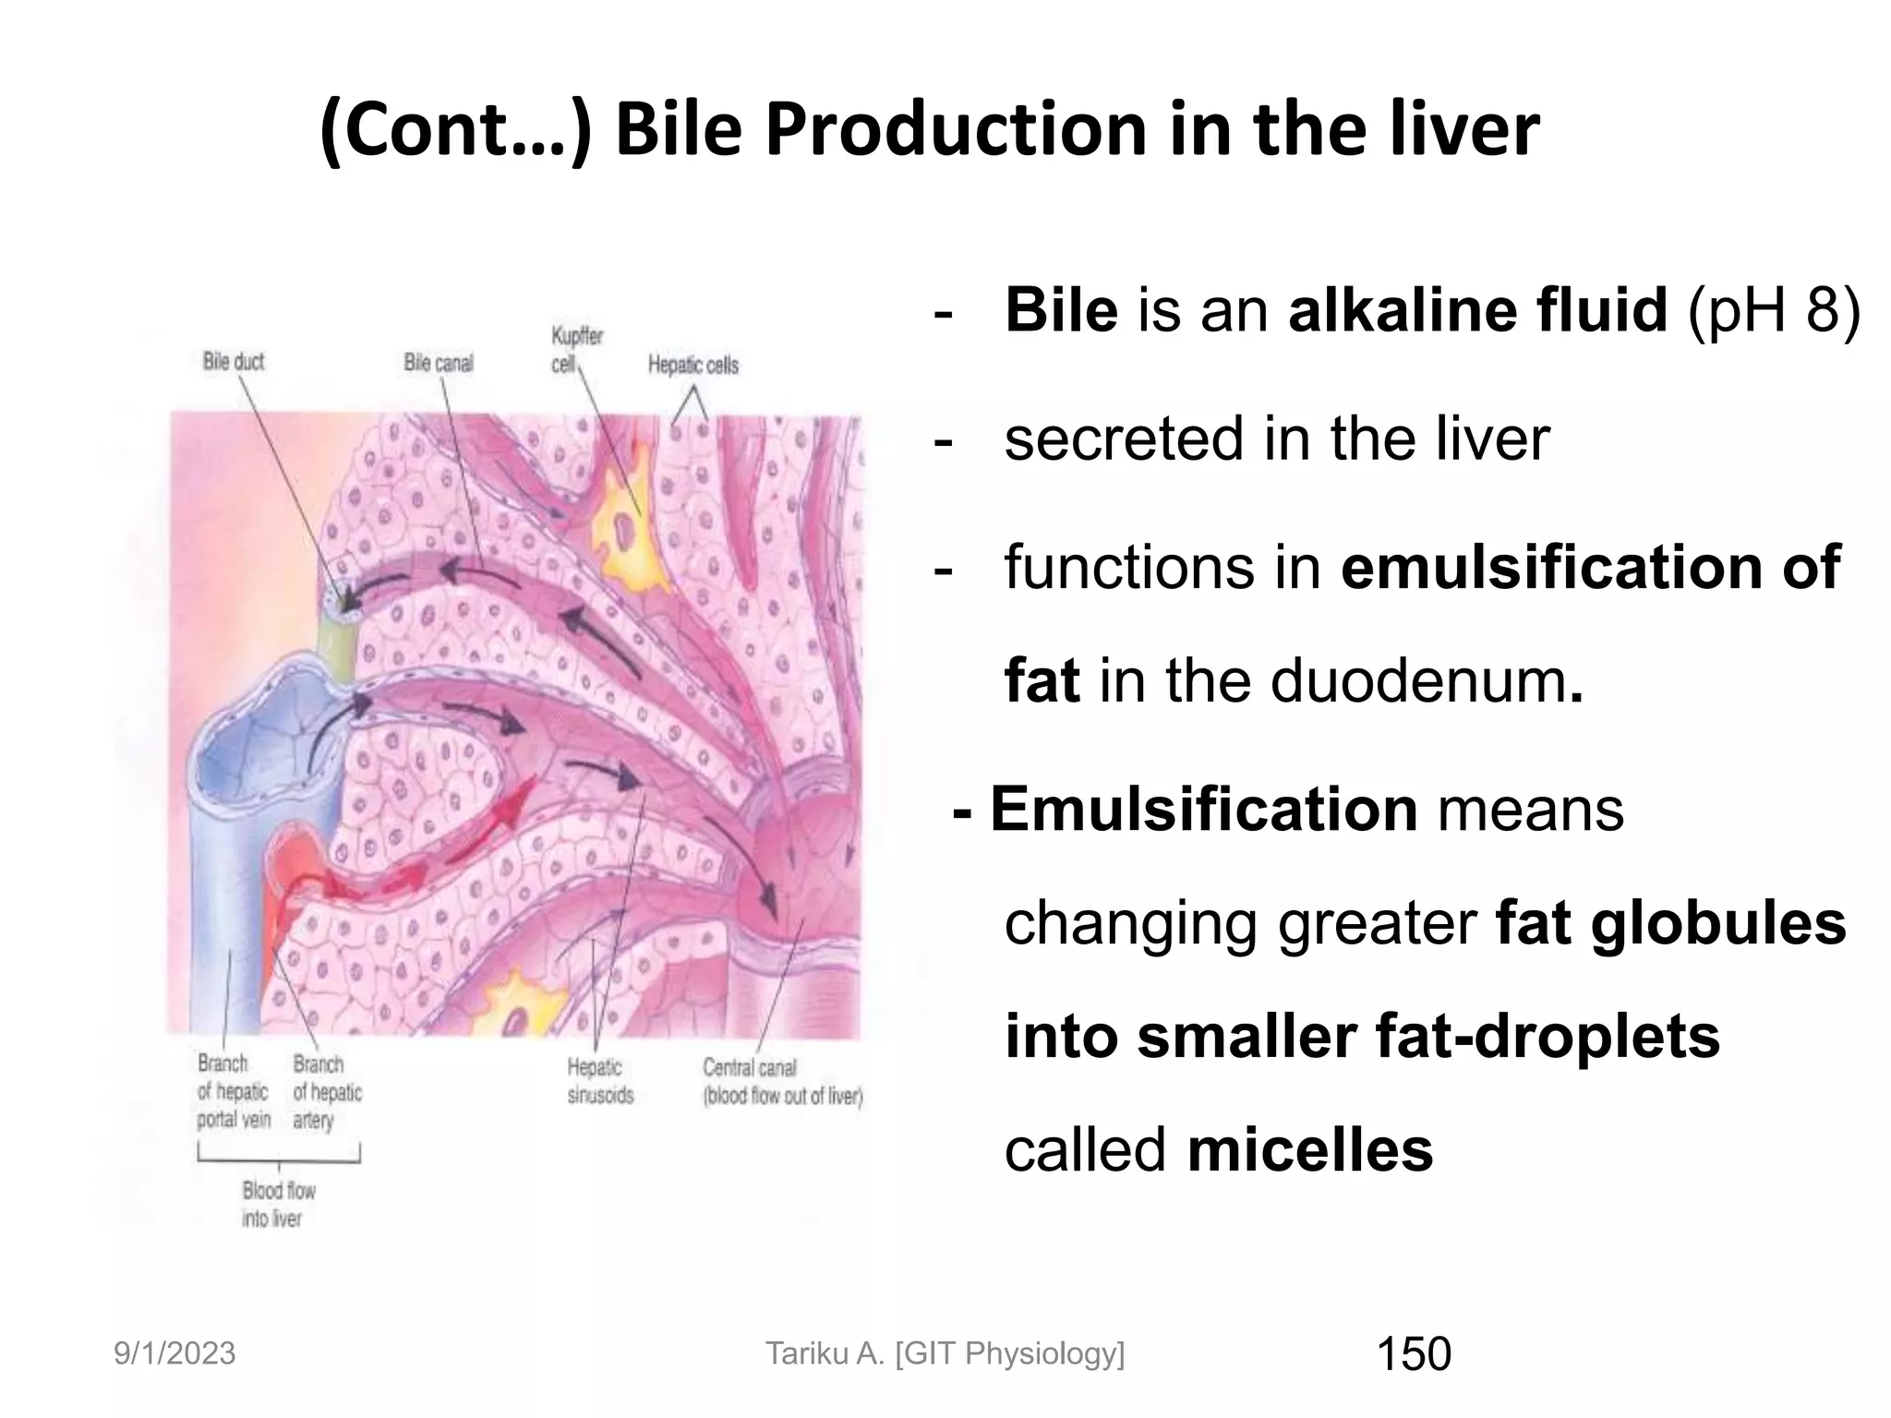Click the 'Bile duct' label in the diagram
tap(234, 361)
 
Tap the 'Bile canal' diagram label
tap(438, 363)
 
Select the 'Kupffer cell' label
tap(576, 350)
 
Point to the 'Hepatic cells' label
tap(693, 366)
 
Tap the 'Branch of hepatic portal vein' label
tap(234, 1091)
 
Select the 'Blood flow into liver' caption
tap(277, 1204)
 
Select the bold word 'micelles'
tap(1310, 1150)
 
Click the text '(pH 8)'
tap(1773, 310)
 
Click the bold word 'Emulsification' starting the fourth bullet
tap(1203, 810)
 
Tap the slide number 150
tap(1414, 1354)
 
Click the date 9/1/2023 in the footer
tap(175, 1354)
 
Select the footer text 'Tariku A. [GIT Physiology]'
tap(945, 1354)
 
